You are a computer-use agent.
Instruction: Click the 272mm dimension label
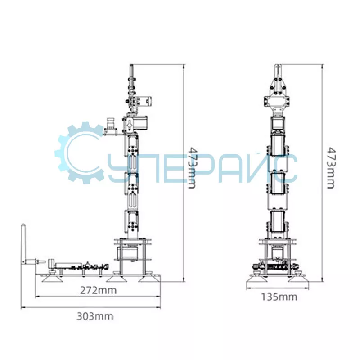click(x=98, y=290)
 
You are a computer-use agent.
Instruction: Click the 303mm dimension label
click(x=95, y=316)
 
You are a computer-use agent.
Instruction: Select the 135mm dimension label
click(x=279, y=297)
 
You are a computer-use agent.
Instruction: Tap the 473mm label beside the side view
click(x=192, y=168)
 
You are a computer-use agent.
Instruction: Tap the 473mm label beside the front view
click(x=331, y=168)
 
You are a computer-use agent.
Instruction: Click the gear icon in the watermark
click(x=79, y=153)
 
